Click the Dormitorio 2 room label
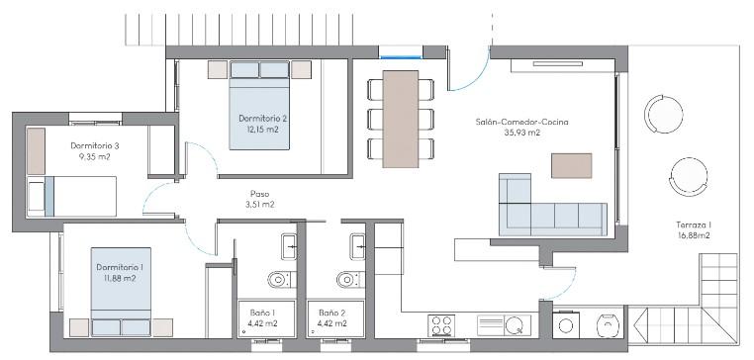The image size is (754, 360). (x=259, y=119)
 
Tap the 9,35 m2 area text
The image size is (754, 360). (x=94, y=155)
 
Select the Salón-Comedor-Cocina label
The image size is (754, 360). (x=521, y=122)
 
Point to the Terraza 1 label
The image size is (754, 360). (x=694, y=225)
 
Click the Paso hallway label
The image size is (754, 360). (x=259, y=194)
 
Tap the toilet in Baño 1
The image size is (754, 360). (x=280, y=279)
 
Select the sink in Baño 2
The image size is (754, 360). (x=357, y=246)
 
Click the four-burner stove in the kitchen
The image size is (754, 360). (x=441, y=325)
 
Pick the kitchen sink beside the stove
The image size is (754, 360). (x=504, y=325)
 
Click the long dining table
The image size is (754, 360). (x=401, y=120)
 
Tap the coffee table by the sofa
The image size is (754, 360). (x=571, y=166)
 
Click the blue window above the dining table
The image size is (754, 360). (x=401, y=57)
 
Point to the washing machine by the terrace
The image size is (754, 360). (x=566, y=325)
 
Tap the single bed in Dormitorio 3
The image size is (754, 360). (x=72, y=197)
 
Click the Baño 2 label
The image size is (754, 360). (x=332, y=312)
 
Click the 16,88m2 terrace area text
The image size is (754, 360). (x=694, y=235)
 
